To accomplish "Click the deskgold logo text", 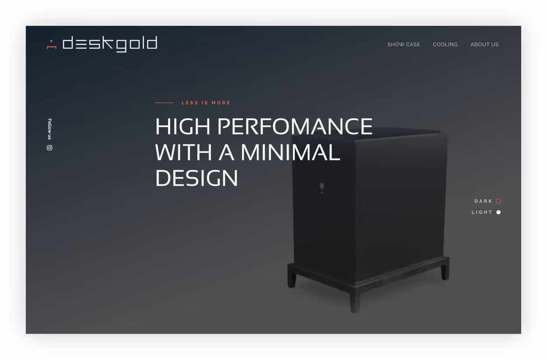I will click(x=110, y=44).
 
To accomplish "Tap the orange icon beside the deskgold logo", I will click(x=52, y=44).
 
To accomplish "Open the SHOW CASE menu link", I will click(x=403, y=44).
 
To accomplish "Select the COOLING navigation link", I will click(x=445, y=44).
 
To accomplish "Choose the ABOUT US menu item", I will click(x=484, y=44).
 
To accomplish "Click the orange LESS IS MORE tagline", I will click(x=206, y=103).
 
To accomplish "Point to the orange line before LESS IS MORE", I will click(x=164, y=103).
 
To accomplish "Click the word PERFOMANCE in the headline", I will click(x=295, y=127).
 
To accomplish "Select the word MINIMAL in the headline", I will click(x=290, y=152).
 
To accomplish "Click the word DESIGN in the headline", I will click(x=196, y=178).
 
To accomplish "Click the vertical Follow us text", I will click(x=49, y=129).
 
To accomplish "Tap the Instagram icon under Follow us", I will click(x=49, y=148).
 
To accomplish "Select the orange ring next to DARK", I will click(x=498, y=201).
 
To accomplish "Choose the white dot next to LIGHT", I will click(x=498, y=212).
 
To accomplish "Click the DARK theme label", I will click(x=484, y=201).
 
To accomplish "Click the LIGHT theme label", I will click(x=482, y=212).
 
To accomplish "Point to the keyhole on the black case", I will click(x=322, y=187).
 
